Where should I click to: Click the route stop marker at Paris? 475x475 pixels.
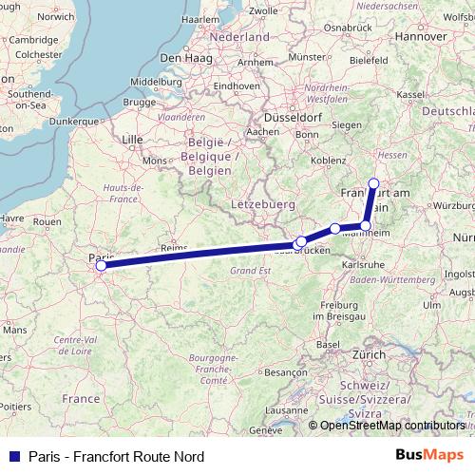coord(100,266)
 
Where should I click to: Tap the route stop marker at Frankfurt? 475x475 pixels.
coord(373,183)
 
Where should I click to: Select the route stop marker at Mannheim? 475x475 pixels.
coord(366,226)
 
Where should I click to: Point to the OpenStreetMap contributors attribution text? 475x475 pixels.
coord(392,425)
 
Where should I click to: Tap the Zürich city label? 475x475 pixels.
coord(370,354)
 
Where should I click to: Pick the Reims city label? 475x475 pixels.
coord(173,246)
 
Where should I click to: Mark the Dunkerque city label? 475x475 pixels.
coord(73,122)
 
